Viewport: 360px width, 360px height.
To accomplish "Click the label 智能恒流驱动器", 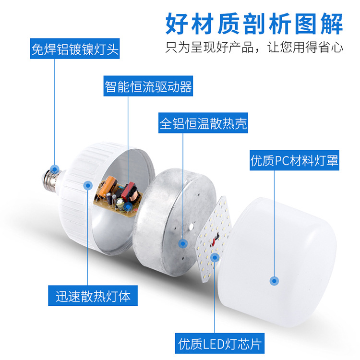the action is tap(148, 86).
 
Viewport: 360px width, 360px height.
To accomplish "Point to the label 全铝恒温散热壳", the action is tap(204, 123).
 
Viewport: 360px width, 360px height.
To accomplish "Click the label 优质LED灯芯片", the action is tap(221, 344).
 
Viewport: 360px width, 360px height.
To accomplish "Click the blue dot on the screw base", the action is tap(55, 169).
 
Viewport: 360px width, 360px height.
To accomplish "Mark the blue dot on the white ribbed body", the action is tap(88, 185).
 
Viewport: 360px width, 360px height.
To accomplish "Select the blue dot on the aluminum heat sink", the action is tap(183, 243).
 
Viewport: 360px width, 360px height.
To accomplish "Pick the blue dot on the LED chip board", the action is tap(215, 257).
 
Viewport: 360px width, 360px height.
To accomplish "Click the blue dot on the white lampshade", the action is tap(274, 281).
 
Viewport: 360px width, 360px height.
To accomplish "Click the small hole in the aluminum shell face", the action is tap(191, 224).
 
